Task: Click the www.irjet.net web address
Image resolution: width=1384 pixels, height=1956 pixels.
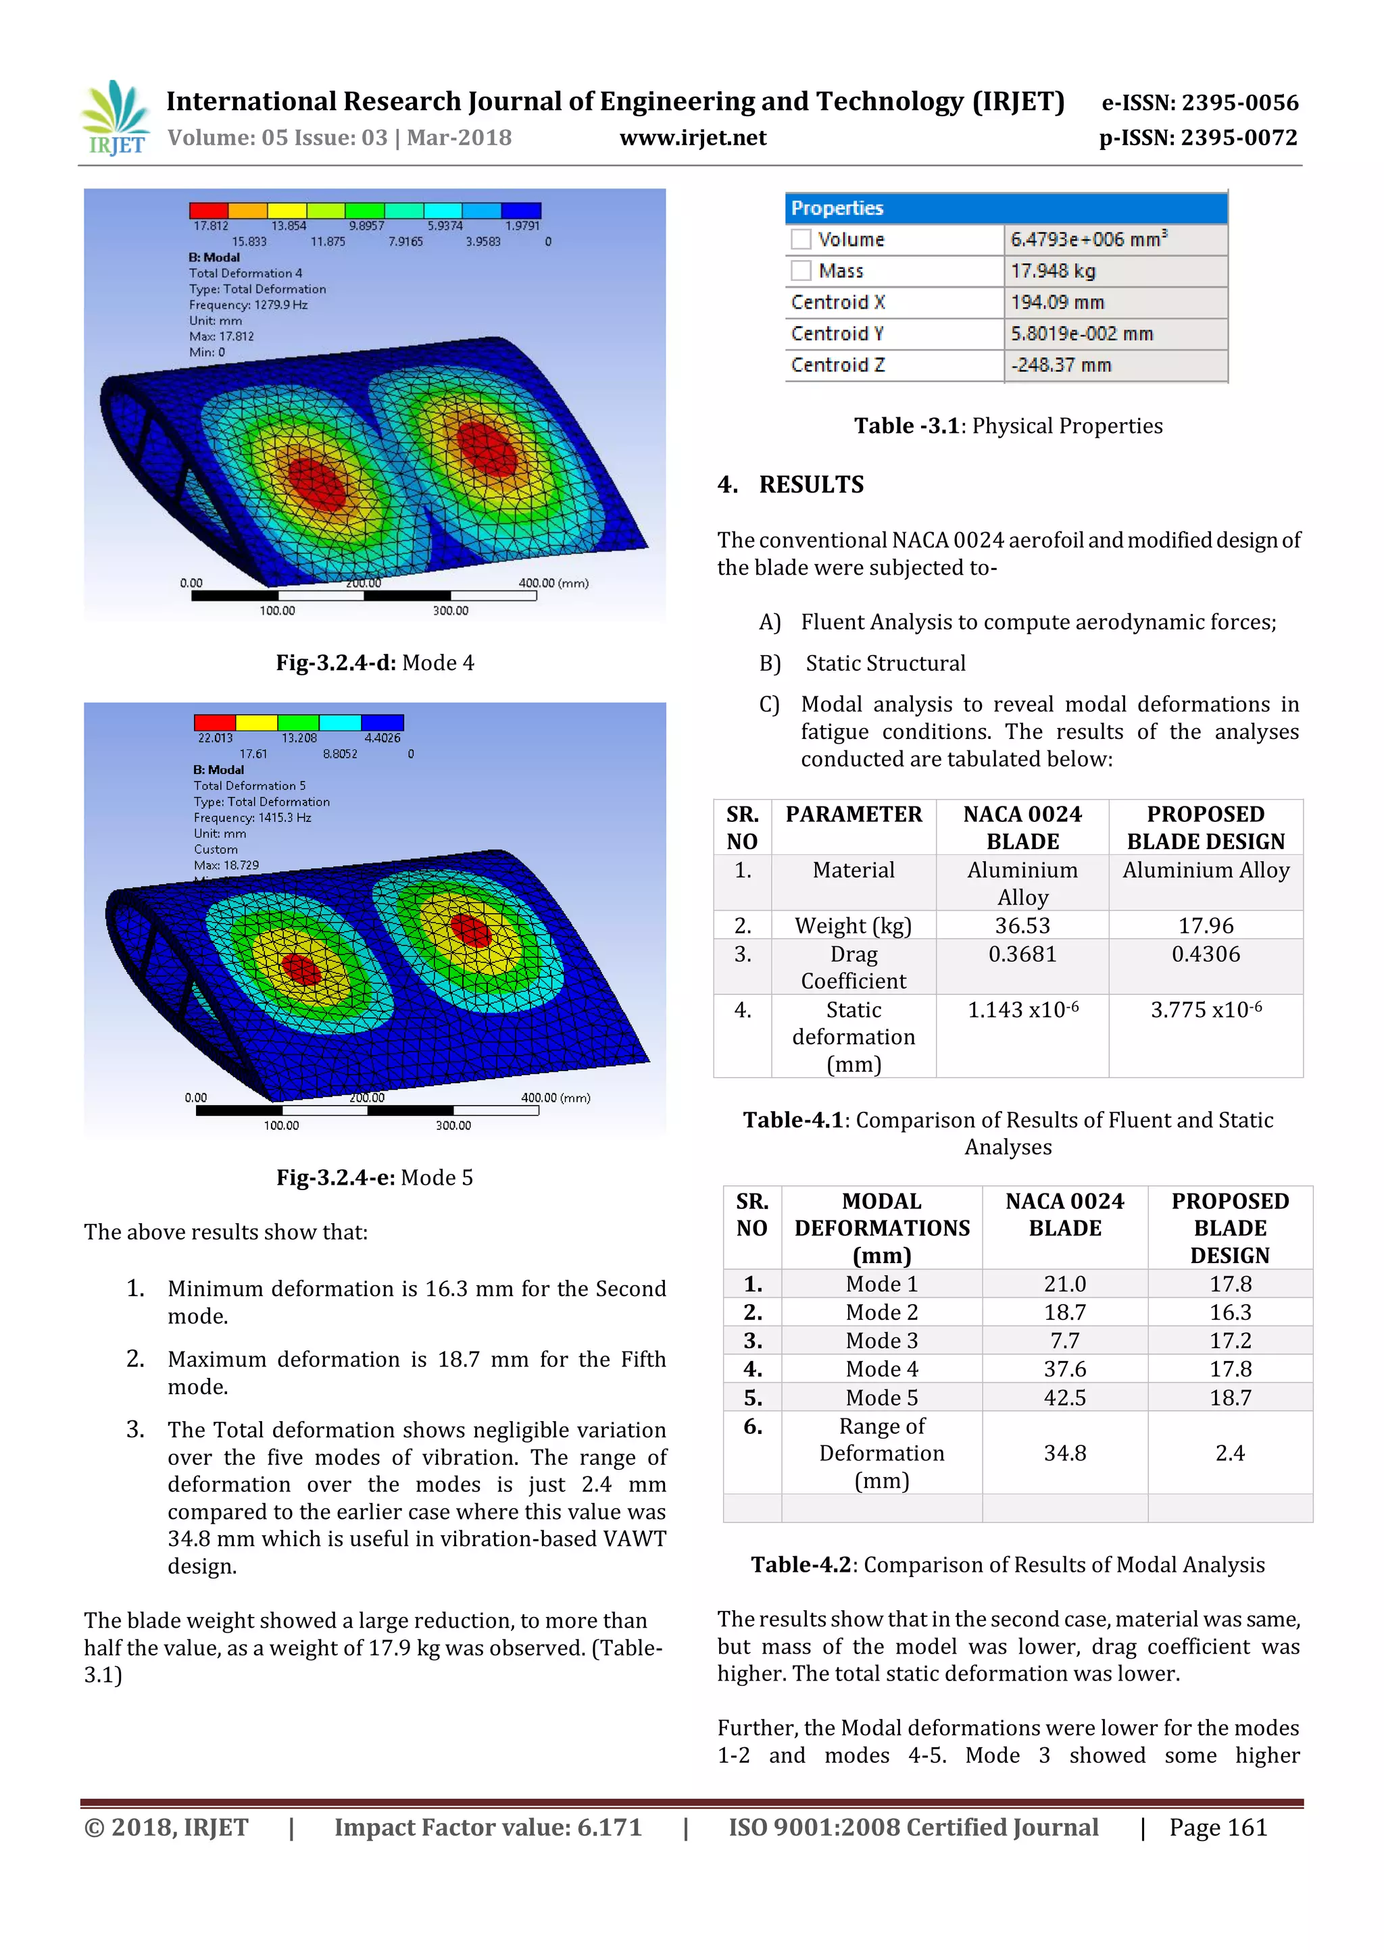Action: [x=692, y=138]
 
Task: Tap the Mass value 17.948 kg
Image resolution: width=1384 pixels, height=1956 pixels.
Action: [x=1054, y=271]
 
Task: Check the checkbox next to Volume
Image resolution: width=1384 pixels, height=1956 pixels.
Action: [x=800, y=239]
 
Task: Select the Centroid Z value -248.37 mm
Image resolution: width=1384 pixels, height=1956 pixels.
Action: [x=1061, y=365]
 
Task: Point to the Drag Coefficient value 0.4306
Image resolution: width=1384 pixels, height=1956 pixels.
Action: [x=1205, y=954]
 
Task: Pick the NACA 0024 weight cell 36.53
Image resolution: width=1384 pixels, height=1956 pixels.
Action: [x=1022, y=926]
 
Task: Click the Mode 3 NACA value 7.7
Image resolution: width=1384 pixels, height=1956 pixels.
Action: [x=1064, y=1341]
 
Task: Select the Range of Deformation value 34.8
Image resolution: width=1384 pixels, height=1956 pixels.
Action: [x=1064, y=1453]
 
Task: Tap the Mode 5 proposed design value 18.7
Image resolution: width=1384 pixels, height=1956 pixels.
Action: [x=1230, y=1398]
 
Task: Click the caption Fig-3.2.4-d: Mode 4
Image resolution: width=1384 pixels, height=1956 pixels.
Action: [x=374, y=663]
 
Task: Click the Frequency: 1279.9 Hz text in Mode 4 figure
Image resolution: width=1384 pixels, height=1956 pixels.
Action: [x=248, y=305]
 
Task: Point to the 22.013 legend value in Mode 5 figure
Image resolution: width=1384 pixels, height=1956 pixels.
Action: [x=215, y=738]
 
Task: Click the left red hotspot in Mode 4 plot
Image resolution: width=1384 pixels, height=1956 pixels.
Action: [x=316, y=484]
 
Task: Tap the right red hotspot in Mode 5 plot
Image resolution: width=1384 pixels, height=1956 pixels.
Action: [x=470, y=929]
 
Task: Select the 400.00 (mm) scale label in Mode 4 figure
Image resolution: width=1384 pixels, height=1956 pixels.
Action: [x=553, y=584]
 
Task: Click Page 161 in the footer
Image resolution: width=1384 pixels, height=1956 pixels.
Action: [x=1218, y=1828]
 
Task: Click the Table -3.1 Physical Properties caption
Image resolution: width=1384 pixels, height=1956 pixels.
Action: [x=1008, y=426]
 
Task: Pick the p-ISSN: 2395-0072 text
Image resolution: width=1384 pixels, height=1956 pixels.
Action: [x=1197, y=138]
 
